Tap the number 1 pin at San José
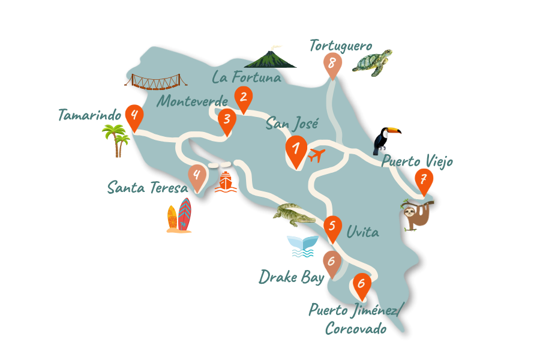pos(296,149)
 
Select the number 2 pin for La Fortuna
pos(243,98)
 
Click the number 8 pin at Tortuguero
pos(332,64)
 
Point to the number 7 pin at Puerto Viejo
pos(424,180)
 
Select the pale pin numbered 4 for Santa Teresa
pos(197,176)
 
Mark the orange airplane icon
pos(316,156)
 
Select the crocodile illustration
pos(293,214)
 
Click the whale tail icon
pos(302,245)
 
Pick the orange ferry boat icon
pos(226,182)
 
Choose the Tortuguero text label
pos(341,45)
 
